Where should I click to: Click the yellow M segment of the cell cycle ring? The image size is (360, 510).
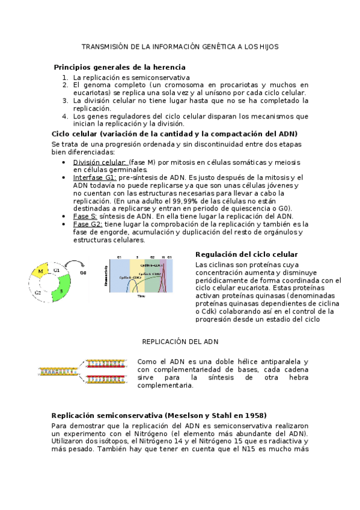click(x=40, y=272)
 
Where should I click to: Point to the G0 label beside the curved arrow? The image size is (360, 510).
click(x=83, y=272)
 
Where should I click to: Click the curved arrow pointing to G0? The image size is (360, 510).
click(x=72, y=264)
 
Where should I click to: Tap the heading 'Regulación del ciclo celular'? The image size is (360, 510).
click(x=246, y=254)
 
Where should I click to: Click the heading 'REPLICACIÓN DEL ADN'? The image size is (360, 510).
click(x=180, y=341)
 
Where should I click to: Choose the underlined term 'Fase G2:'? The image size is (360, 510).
click(x=88, y=224)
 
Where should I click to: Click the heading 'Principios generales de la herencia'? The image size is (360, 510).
click(x=120, y=67)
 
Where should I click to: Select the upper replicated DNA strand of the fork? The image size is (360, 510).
click(x=106, y=363)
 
